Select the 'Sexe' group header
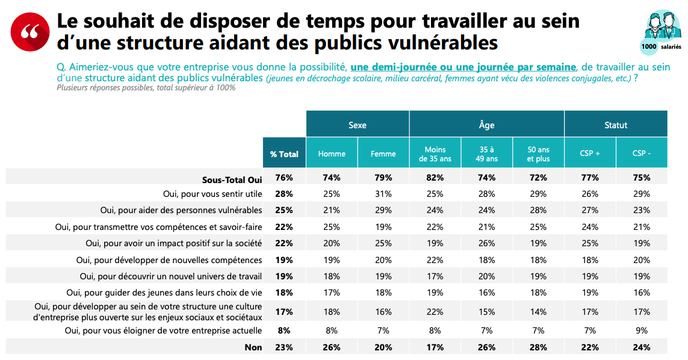[x=358, y=125]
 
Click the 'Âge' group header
[x=486, y=125]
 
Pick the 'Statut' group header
[x=616, y=125]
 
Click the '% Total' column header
[x=284, y=154]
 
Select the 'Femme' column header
[x=383, y=154]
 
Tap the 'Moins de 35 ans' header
[x=435, y=154]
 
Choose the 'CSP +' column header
[x=590, y=154]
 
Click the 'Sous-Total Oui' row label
[x=232, y=178]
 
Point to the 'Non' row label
[x=253, y=347]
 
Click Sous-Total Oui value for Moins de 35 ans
[x=435, y=178]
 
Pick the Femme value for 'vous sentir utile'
[x=383, y=194]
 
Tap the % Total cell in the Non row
[x=284, y=347]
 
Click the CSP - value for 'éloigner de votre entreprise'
[x=642, y=331]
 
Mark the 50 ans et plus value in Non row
[x=538, y=347]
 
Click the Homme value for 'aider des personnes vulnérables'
[x=332, y=211]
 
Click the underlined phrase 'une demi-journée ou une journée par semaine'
[x=463, y=66]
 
